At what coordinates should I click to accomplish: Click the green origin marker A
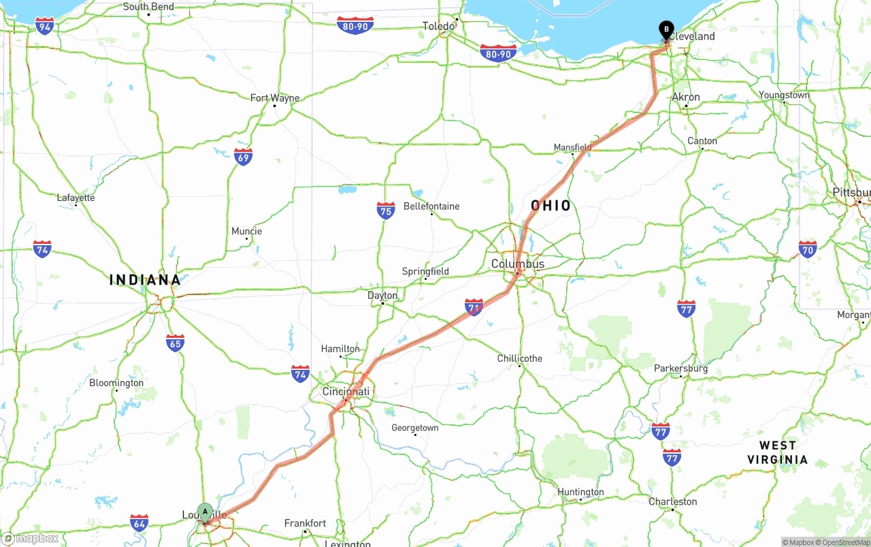(x=205, y=512)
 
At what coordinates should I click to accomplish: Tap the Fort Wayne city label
(x=275, y=98)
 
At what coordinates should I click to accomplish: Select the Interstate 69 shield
(x=243, y=157)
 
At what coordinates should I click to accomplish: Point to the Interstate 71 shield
(x=474, y=307)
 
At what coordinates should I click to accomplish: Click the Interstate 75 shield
(x=386, y=210)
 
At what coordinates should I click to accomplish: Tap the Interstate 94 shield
(x=45, y=27)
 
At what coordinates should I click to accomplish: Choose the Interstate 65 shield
(x=175, y=343)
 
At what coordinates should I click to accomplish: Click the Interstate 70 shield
(x=808, y=249)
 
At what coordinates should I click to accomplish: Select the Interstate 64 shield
(x=139, y=523)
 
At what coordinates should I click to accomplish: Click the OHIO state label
(x=551, y=206)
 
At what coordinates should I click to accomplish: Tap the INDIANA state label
(x=146, y=280)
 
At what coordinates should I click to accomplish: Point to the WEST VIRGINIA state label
(x=778, y=452)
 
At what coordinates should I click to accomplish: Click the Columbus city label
(x=518, y=264)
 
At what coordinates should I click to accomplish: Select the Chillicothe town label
(x=520, y=358)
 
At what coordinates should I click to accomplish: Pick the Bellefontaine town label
(x=431, y=206)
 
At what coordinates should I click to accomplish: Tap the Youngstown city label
(x=784, y=95)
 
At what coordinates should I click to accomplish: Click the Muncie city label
(x=246, y=232)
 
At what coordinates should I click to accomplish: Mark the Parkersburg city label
(x=680, y=369)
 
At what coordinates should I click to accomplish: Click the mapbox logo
(x=31, y=538)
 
